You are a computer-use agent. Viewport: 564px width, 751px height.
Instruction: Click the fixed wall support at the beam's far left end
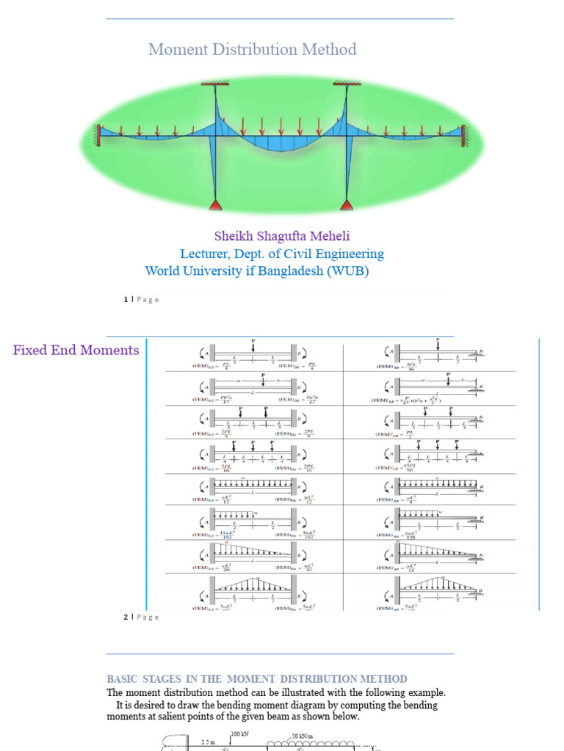point(96,135)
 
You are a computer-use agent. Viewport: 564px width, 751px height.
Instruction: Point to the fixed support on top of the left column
point(216,85)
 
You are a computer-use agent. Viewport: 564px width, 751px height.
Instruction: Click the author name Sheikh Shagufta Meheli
point(282,236)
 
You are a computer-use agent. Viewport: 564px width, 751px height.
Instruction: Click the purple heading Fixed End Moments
point(76,350)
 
